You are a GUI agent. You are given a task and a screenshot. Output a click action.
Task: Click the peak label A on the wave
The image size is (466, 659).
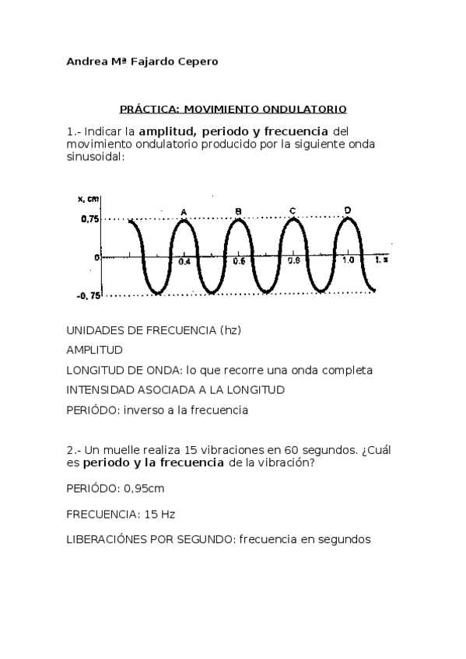(x=184, y=211)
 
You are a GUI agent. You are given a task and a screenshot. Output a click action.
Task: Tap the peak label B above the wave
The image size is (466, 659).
(x=238, y=211)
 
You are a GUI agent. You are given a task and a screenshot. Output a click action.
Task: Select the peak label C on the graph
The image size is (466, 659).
(x=292, y=210)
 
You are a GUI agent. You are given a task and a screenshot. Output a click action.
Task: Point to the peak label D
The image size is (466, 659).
(x=347, y=209)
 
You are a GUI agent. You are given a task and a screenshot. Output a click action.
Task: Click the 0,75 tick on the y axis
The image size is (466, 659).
(x=89, y=219)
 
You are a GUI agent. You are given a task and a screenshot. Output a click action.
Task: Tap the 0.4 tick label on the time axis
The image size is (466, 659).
(x=184, y=263)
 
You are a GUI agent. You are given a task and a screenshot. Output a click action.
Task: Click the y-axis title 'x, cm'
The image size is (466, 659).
(x=88, y=199)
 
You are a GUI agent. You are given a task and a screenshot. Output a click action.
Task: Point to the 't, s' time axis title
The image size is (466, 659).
(x=380, y=261)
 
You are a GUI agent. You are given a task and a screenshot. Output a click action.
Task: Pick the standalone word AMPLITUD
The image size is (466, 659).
(x=95, y=350)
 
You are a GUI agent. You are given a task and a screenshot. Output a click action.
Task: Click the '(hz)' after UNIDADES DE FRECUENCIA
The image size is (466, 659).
(x=231, y=329)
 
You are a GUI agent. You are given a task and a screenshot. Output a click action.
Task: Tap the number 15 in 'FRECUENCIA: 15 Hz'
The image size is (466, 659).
(x=129, y=514)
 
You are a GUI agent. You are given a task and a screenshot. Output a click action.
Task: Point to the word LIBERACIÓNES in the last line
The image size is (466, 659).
(x=108, y=539)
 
